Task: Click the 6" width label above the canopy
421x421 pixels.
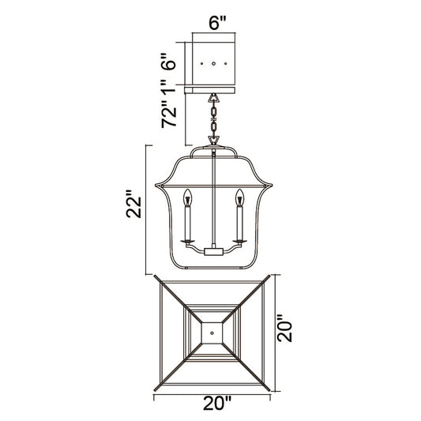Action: (x=217, y=23)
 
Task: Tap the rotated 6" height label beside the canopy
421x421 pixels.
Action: (x=169, y=62)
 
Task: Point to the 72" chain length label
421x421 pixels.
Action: (x=169, y=114)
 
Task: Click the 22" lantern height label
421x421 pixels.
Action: (x=133, y=204)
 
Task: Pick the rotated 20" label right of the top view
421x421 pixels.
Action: (x=284, y=328)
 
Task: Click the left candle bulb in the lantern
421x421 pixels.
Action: (x=188, y=197)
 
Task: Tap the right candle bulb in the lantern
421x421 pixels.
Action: (x=239, y=197)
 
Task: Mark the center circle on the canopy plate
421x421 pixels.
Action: (x=214, y=64)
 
